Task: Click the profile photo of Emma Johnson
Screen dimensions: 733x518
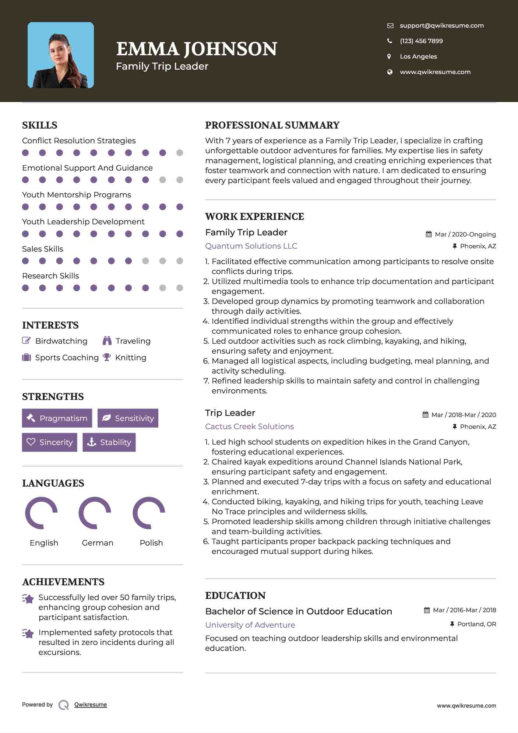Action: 61,55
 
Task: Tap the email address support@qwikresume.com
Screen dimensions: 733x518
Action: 441,25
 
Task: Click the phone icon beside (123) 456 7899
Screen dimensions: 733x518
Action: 390,41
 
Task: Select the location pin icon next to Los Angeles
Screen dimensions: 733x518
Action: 389,56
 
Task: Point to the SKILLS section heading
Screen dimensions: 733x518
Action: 40,125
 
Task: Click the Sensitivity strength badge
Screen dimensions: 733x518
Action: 128,418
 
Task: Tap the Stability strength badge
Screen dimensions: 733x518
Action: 109,442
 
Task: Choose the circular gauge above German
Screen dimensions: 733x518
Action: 95,513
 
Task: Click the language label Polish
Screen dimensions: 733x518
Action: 151,543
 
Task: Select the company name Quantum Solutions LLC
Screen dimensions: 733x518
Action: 251,246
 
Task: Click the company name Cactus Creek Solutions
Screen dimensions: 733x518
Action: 249,427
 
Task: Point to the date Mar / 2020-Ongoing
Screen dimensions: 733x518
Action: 465,234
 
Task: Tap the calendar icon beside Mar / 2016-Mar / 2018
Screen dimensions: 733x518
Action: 427,610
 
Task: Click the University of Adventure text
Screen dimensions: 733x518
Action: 250,625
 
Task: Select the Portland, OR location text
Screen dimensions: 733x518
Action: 476,624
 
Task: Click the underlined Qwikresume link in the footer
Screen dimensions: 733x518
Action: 91,705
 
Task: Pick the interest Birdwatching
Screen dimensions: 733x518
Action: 61,341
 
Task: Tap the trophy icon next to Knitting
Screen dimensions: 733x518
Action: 107,357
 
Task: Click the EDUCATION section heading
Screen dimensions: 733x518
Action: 235,596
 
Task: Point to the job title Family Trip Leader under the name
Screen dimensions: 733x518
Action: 162,66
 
